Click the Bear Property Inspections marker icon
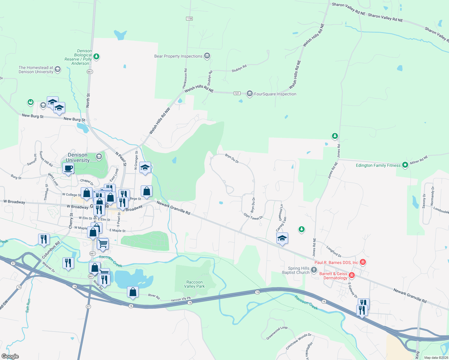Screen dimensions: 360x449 coord(207,56)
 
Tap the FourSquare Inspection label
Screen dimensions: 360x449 coord(275,94)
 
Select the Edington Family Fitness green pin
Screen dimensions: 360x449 coord(405,165)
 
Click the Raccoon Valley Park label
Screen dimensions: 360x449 coord(194,284)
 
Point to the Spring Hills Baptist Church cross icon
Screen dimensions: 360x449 coord(314,270)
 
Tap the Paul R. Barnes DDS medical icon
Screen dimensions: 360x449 coord(363,262)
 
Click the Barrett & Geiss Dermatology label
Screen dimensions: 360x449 coord(333,276)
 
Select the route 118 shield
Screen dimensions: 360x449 coord(189,19)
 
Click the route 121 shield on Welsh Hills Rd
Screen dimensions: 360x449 coord(237,93)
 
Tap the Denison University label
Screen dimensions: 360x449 coord(78,157)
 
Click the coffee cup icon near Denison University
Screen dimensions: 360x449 coord(68,168)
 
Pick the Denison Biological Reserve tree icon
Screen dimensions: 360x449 coord(96,56)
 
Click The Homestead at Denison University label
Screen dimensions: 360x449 coord(36,70)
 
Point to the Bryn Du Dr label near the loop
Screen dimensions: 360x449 coord(232,158)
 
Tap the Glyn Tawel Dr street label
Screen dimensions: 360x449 coord(253,216)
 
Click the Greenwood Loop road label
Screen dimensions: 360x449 coord(277,333)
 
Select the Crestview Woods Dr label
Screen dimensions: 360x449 coord(299,341)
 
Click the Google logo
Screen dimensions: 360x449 coord(10,356)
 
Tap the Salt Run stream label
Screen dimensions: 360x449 coord(28,306)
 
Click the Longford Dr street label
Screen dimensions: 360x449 coord(334,252)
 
